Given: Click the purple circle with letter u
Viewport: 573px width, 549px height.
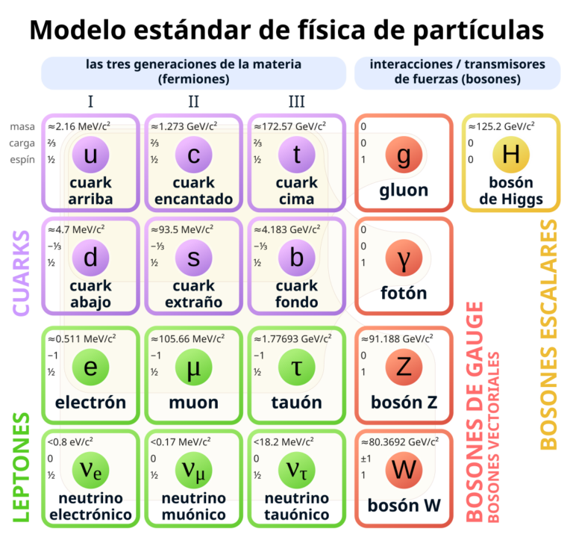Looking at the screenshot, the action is pos(90,155).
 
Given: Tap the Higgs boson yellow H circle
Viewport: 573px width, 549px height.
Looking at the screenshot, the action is pos(511,155).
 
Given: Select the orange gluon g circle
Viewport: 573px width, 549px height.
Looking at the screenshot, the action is pos(404,155).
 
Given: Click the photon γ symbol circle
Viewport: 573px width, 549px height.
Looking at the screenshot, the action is pos(404,258).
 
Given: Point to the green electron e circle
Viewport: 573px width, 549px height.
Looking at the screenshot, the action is pos(90,367).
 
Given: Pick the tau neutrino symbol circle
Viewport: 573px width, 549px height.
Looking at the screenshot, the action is pos(297,471).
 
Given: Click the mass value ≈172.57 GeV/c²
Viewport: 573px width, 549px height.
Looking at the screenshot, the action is pos(289,126).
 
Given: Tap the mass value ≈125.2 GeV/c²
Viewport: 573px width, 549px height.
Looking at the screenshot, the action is pos(501,126).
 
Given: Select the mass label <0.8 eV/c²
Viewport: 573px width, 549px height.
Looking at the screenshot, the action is pos(70,442).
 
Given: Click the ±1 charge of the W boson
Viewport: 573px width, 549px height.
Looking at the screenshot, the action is pos(366,459).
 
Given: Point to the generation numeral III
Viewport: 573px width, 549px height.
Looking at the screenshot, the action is pos(297,102).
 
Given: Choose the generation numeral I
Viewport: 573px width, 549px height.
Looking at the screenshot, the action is pos(90,102).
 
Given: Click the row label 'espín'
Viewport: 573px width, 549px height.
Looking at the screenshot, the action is pos(22,160).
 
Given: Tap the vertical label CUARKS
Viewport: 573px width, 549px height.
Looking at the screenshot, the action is pos(21,273).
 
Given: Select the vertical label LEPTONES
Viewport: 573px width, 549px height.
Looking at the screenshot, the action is pos(21,468).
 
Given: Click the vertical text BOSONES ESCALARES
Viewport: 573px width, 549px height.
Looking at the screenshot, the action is pos(548,335).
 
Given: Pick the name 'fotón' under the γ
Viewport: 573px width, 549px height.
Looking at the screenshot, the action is pos(404,293).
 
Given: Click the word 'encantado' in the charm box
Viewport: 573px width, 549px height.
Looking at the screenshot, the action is pos(194,199).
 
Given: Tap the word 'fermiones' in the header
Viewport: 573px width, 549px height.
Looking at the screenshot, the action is pos(194,79).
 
